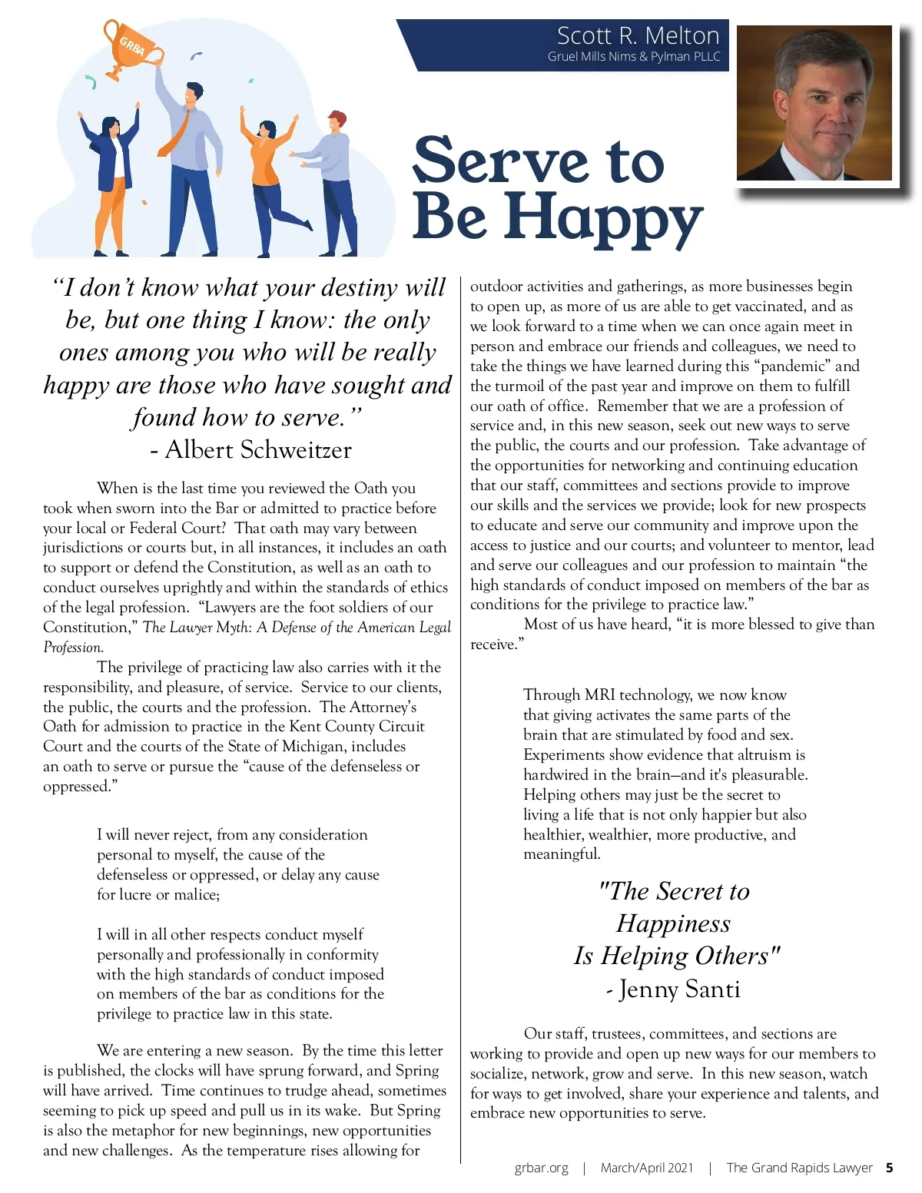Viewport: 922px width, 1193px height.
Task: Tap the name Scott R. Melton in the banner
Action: point(638,35)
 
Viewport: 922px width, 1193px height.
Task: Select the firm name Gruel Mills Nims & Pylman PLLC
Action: point(634,57)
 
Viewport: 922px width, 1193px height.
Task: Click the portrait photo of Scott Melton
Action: point(814,103)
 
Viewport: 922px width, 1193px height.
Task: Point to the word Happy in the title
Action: point(603,217)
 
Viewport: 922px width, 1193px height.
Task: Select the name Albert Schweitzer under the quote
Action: point(258,449)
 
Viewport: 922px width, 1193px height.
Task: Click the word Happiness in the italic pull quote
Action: point(673,923)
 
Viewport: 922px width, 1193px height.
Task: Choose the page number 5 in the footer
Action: point(889,1168)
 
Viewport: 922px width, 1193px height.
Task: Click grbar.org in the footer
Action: point(542,1168)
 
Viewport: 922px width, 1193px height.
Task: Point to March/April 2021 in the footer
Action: point(647,1168)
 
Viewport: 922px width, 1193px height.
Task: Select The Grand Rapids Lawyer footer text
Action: point(799,1168)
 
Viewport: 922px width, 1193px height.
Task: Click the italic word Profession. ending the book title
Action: point(73,648)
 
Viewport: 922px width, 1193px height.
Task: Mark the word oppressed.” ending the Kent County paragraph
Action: point(80,787)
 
